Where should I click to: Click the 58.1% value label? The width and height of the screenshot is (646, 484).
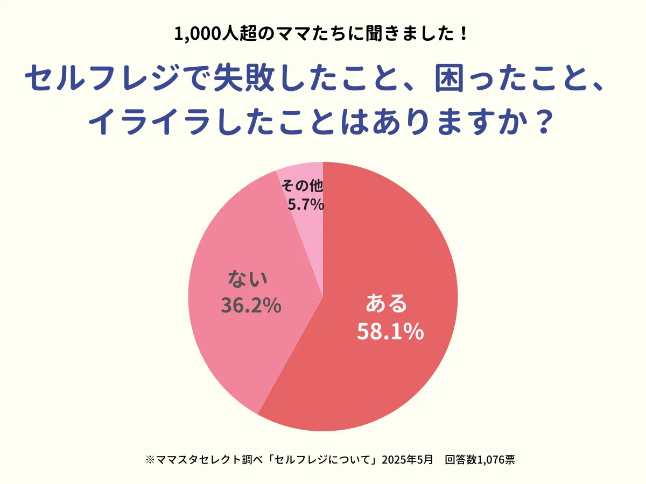(x=390, y=332)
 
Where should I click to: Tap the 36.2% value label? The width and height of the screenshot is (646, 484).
(x=251, y=305)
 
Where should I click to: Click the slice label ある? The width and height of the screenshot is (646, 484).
(x=387, y=304)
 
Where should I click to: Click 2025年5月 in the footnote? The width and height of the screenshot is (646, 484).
(x=407, y=460)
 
